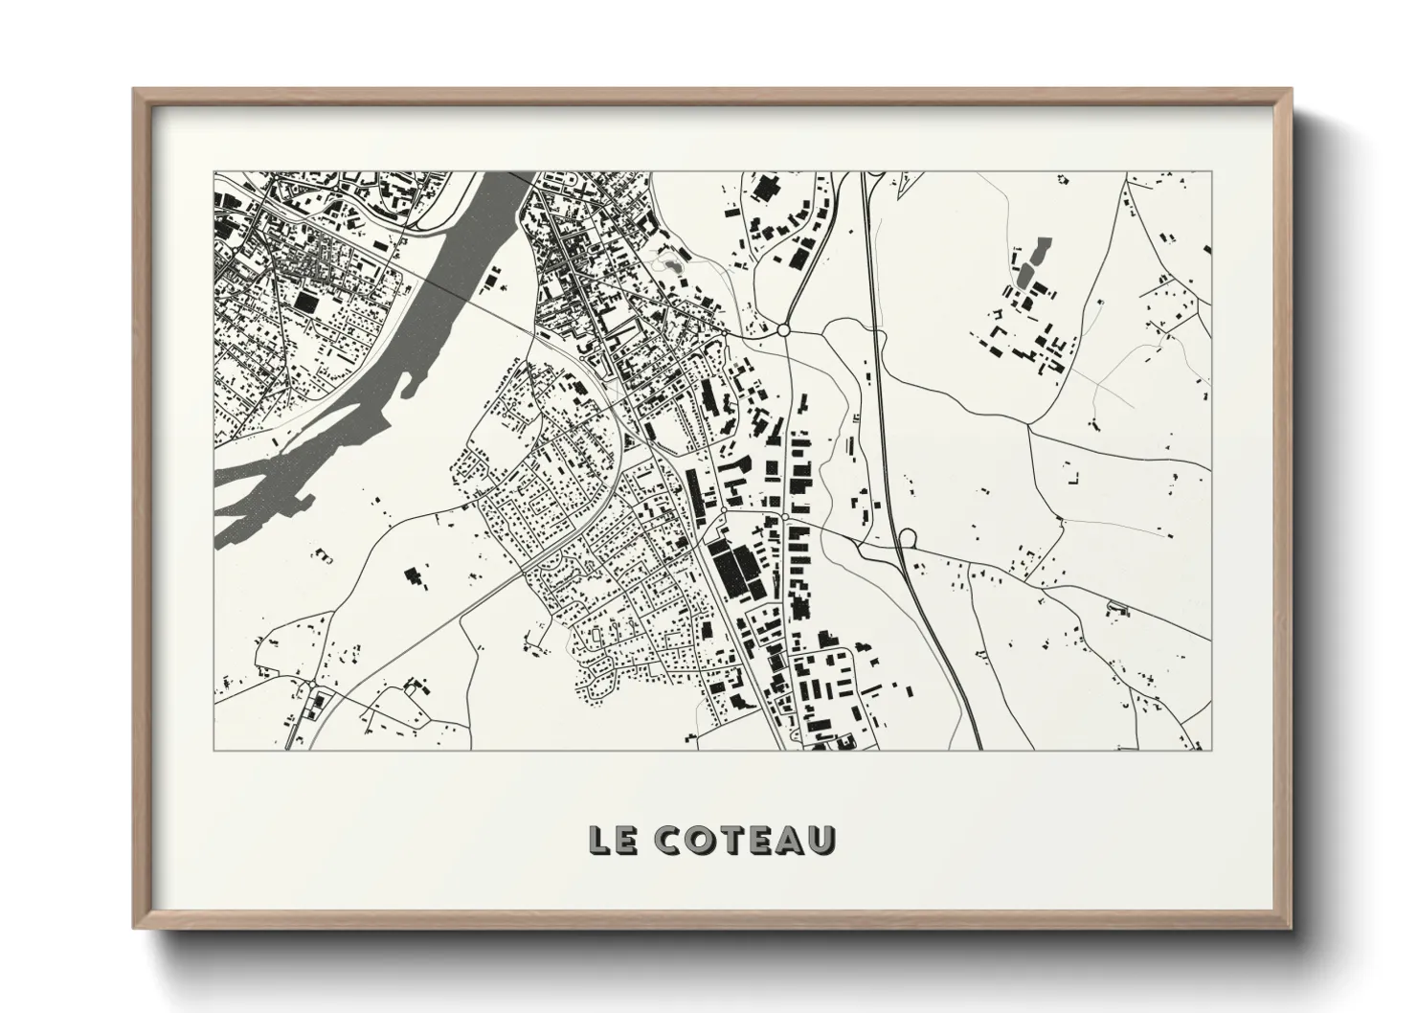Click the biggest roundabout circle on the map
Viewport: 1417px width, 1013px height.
(x=783, y=329)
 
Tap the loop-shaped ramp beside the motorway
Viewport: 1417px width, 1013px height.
(x=907, y=539)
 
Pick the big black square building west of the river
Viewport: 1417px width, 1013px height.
(x=305, y=301)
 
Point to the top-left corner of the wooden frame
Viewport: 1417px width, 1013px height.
(x=137, y=92)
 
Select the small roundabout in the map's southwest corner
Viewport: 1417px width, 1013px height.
(x=314, y=684)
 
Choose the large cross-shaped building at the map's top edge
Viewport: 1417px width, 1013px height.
(x=764, y=188)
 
